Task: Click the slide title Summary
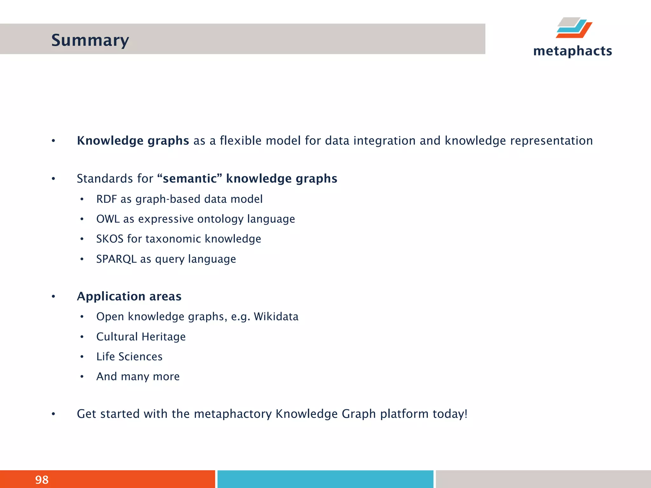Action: pyautogui.click(x=90, y=40)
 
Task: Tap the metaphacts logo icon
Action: pyautogui.click(x=574, y=28)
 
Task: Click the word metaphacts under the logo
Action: pyautogui.click(x=572, y=51)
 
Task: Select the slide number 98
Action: pyautogui.click(x=42, y=479)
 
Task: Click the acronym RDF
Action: pyautogui.click(x=106, y=199)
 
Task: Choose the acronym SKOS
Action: pyautogui.click(x=110, y=239)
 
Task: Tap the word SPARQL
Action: pyautogui.click(x=116, y=259)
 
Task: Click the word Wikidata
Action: pyautogui.click(x=276, y=316)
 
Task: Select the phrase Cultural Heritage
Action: pyautogui.click(x=141, y=336)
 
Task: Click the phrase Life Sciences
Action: pyautogui.click(x=129, y=356)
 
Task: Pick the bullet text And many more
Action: pyautogui.click(x=138, y=376)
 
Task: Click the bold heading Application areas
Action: pyautogui.click(x=129, y=296)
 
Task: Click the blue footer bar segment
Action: pyautogui.click(x=325, y=479)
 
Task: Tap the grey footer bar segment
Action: pyautogui.click(x=543, y=479)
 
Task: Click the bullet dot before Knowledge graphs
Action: pyautogui.click(x=53, y=141)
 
